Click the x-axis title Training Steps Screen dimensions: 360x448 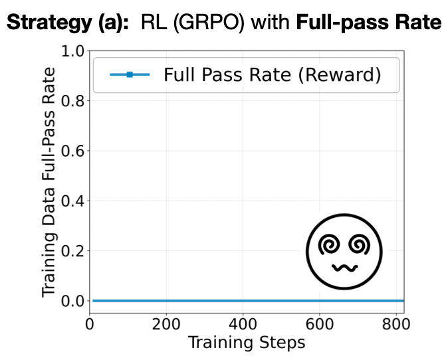247,343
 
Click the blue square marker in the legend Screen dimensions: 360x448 130,75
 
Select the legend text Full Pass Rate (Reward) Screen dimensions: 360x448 272,75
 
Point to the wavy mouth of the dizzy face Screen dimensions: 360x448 344,268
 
